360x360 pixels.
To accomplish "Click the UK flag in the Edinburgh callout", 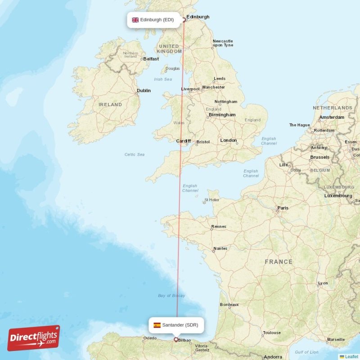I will (x=135, y=20).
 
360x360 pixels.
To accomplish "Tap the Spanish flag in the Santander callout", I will (x=157, y=325).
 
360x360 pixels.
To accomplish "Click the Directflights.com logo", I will (x=34, y=338).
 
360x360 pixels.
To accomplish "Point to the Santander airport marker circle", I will (x=176, y=340).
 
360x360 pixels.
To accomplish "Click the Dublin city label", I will (x=144, y=90).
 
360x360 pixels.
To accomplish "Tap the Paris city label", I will (x=283, y=208).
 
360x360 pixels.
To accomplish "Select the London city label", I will (x=228, y=140).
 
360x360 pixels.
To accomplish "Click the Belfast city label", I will (x=151, y=59).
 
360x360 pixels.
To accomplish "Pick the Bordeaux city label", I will (x=229, y=305).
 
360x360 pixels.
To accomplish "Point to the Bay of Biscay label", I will (x=171, y=296).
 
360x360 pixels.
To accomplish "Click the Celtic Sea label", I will (x=135, y=154).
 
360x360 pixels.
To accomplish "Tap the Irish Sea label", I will (x=163, y=79).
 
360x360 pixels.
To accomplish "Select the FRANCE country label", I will (x=279, y=262).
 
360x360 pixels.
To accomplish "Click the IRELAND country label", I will (x=110, y=104).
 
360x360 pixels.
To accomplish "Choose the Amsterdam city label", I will (x=332, y=117).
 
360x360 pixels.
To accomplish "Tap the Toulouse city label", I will (x=272, y=333).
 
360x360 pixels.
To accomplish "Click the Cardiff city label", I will (x=183, y=141).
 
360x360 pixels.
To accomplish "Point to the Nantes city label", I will (x=220, y=248).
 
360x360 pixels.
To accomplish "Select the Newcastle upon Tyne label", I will (x=223, y=43).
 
